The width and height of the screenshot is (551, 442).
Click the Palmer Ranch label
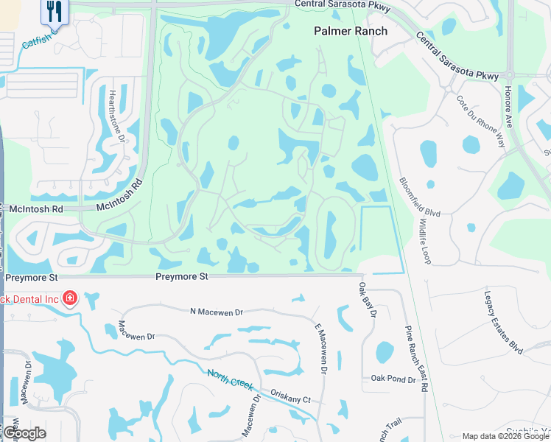click(351, 31)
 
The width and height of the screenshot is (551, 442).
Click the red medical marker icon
click(70, 298)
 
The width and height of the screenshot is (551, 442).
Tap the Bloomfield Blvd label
click(420, 196)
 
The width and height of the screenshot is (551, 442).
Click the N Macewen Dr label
click(216, 312)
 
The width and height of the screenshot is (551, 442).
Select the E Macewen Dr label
click(320, 348)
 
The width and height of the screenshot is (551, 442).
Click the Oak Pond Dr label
click(393, 379)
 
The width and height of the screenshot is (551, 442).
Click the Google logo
click(24, 432)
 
